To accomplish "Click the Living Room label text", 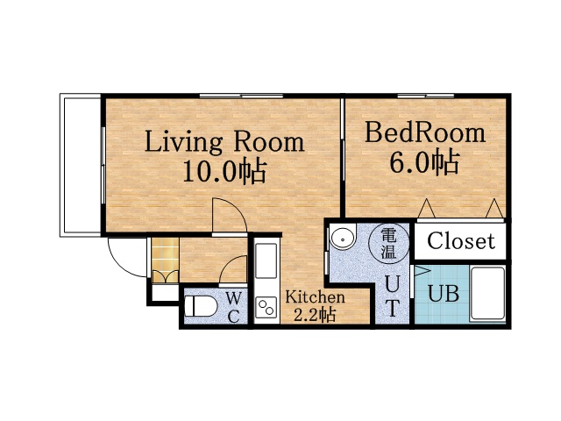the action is (x=224, y=142).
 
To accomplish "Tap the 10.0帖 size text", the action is (x=224, y=172).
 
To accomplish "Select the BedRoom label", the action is (x=425, y=132).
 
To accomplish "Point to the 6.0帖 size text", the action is (x=424, y=162).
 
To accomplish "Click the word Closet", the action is (x=461, y=240).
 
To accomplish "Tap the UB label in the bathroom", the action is (x=444, y=294).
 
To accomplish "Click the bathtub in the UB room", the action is (x=487, y=293).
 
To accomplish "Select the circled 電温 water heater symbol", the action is (x=389, y=244).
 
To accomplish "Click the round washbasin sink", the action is (x=343, y=237).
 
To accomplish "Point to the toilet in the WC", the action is (x=201, y=306).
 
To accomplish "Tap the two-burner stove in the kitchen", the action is (x=266, y=308).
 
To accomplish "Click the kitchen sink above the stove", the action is (x=266, y=260).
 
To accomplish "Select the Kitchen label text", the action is (x=316, y=297).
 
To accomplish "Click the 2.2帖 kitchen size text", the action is (x=315, y=315).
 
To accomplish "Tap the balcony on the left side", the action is (x=81, y=165).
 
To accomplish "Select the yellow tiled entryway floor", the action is (x=165, y=260).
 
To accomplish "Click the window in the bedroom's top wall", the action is (x=425, y=96).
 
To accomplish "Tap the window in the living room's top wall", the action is (x=241, y=96).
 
